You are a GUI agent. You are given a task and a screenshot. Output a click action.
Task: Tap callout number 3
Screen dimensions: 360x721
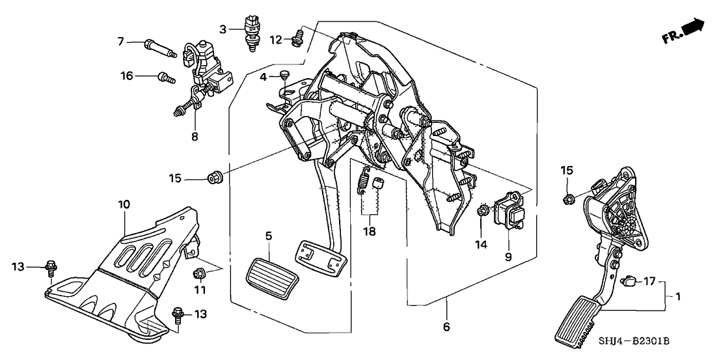tap(223, 29)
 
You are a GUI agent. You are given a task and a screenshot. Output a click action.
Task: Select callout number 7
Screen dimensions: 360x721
tap(120, 42)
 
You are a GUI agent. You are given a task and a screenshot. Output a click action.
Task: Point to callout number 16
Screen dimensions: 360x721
tap(126, 76)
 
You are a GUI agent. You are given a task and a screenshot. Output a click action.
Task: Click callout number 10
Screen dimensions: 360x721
tap(124, 204)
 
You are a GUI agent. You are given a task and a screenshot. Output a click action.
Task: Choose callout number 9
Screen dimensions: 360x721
tap(508, 256)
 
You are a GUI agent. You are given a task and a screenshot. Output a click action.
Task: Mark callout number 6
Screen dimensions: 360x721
tap(446, 326)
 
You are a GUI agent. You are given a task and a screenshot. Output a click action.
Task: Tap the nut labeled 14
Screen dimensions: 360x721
tap(483, 211)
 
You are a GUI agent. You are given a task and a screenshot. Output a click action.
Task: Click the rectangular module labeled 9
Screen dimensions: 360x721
tap(511, 214)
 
